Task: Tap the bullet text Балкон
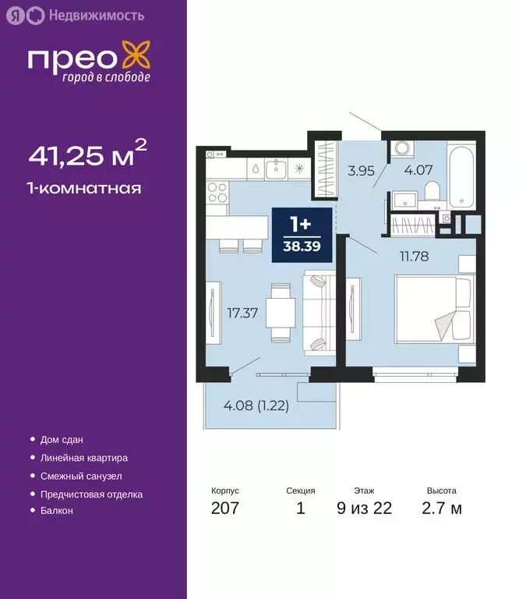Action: coord(56,510)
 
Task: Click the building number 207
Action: coord(224,509)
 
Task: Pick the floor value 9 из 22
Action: coord(365,509)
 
